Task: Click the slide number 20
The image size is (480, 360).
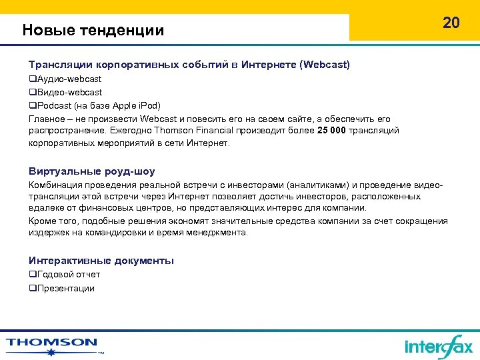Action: pos(451,23)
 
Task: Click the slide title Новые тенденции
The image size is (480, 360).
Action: pos(93,30)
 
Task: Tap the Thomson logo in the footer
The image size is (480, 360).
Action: pos(52,343)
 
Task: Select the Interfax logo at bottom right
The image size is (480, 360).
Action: pos(438,346)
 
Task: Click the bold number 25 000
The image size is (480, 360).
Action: pos(331,130)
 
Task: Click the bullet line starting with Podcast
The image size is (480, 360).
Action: pos(95,105)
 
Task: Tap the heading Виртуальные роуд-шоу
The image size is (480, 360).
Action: pos(92,171)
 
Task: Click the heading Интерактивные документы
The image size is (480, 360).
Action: pos(101,261)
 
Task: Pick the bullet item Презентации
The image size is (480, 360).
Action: pos(62,288)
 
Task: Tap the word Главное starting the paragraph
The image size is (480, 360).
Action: pos(45,118)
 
